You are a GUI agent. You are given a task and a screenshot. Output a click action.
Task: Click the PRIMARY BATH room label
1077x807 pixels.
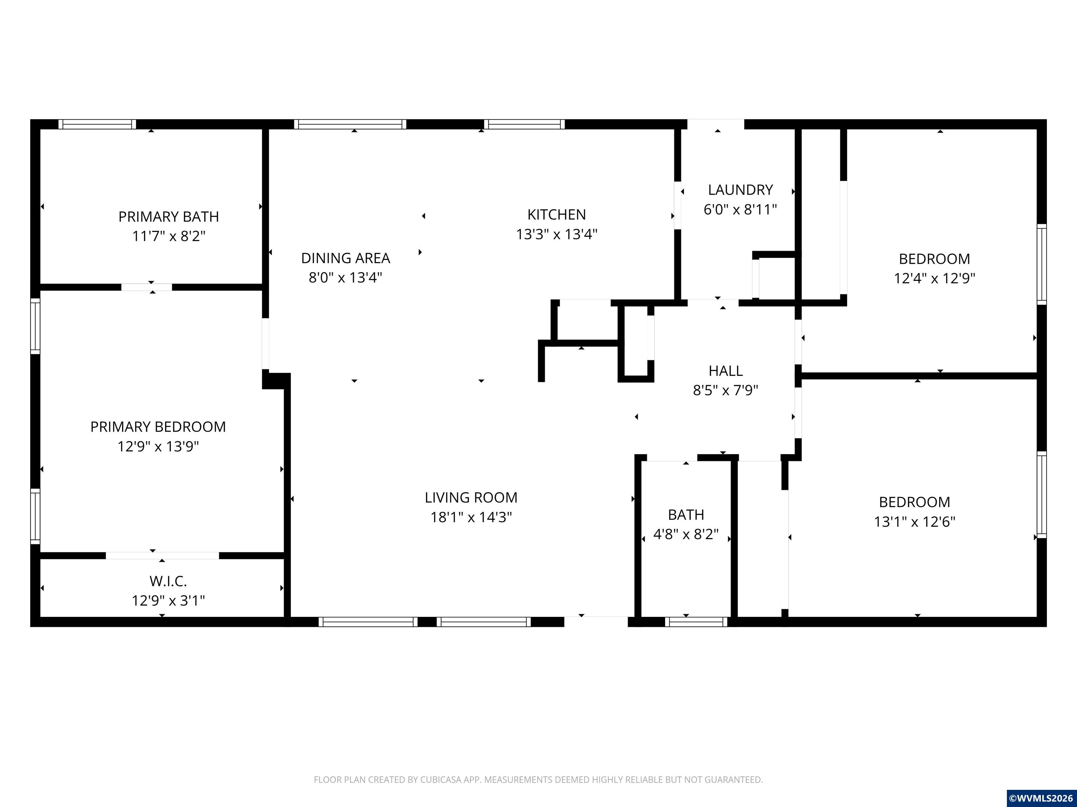click(169, 216)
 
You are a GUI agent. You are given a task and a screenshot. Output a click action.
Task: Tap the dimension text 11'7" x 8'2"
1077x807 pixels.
click(169, 236)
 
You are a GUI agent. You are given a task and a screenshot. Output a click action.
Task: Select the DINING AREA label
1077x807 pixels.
click(346, 258)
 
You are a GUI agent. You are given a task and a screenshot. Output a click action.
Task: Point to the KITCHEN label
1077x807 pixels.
click(556, 214)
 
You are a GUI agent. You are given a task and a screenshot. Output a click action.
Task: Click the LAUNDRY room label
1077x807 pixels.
click(740, 190)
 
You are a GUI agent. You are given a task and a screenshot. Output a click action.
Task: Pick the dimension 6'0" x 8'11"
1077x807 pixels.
click(740, 210)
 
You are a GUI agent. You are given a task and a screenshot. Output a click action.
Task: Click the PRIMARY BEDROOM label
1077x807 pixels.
click(158, 427)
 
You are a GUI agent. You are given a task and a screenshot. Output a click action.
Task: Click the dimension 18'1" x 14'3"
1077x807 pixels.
click(471, 517)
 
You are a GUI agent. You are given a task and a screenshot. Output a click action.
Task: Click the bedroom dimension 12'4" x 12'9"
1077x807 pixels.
click(934, 278)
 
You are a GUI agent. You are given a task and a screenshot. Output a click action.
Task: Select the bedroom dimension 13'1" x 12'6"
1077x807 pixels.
click(914, 522)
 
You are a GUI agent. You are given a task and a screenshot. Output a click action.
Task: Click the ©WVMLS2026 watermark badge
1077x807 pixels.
click(1042, 798)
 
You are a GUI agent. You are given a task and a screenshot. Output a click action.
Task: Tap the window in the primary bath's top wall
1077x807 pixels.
click(97, 124)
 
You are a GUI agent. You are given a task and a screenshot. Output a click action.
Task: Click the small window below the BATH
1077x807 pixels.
click(696, 622)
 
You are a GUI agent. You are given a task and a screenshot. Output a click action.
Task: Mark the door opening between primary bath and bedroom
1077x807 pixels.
click(147, 287)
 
